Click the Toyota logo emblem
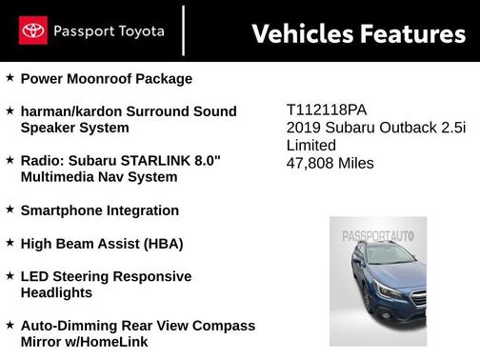coord(33,31)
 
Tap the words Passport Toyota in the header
coord(109,31)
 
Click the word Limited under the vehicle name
coord(311,145)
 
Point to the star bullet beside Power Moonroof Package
coord(10,78)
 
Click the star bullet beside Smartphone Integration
coord(10,210)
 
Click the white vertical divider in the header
coord(184,31)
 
